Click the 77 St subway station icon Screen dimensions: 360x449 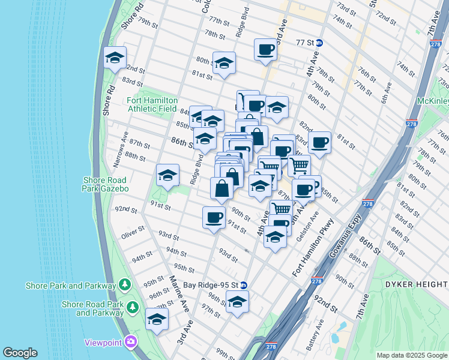[x=320, y=43]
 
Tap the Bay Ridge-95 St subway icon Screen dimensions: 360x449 [x=244, y=285]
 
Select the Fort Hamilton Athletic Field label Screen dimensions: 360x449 [x=152, y=105]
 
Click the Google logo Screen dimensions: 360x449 [x=20, y=353]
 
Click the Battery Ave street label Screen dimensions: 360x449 [x=315, y=334]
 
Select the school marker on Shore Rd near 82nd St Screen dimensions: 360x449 [x=115, y=59]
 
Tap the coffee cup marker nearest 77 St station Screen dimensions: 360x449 [x=265, y=50]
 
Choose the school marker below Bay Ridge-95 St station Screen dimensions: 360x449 [x=238, y=302]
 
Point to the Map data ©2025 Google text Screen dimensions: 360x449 [x=411, y=355]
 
